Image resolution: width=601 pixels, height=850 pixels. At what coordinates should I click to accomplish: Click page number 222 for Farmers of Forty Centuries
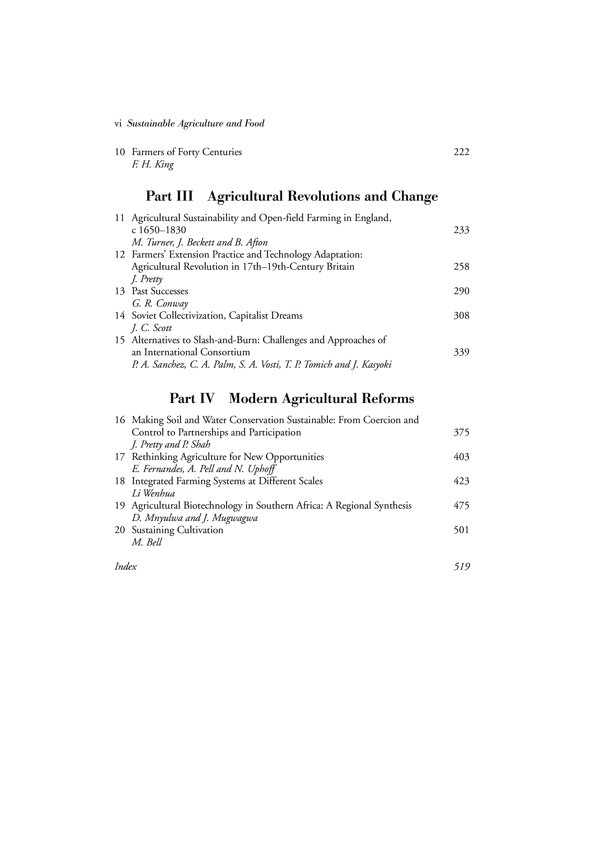click(x=461, y=152)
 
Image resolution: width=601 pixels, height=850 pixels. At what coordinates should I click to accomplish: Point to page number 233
click(x=461, y=230)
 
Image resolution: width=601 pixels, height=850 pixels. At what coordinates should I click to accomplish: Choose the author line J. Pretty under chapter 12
click(x=147, y=279)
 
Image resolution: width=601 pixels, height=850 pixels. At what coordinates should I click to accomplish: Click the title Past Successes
click(x=160, y=291)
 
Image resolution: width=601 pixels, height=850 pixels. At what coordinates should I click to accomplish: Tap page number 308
click(x=461, y=315)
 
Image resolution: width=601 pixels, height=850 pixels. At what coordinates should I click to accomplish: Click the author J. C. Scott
click(x=152, y=328)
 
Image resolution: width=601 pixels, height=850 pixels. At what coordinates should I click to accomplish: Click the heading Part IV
click(x=192, y=399)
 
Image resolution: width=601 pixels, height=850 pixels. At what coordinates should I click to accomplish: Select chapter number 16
click(x=120, y=420)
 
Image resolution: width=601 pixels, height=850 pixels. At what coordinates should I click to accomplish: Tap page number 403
click(x=461, y=457)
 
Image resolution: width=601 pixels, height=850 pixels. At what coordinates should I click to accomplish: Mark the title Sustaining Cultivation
click(x=177, y=530)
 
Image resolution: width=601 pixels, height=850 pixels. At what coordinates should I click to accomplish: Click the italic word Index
click(x=126, y=567)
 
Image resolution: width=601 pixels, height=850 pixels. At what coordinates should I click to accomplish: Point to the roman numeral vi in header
click(x=118, y=124)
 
